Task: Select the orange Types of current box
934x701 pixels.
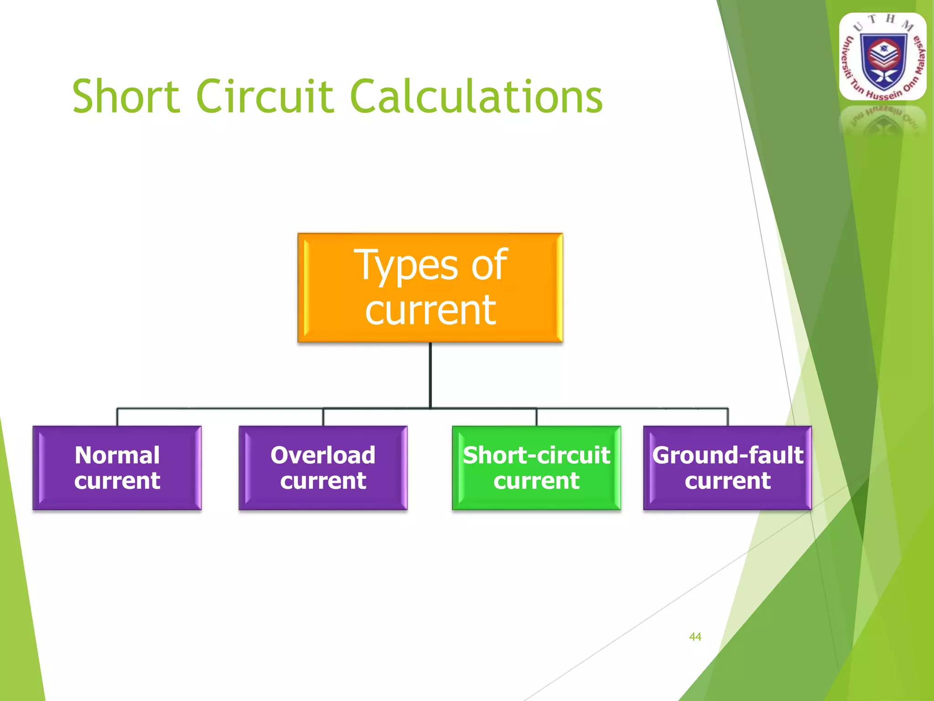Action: (430, 288)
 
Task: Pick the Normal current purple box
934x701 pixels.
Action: (117, 468)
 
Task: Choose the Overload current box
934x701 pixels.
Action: (323, 468)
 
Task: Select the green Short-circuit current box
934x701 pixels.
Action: (536, 468)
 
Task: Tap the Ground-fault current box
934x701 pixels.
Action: (727, 468)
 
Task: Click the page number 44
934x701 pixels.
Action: (695, 637)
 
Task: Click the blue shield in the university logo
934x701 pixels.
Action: (883, 61)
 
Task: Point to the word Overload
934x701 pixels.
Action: (323, 455)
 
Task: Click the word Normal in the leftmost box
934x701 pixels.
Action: (117, 455)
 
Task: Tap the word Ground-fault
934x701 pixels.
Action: (727, 455)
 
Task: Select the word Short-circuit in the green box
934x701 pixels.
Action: (536, 455)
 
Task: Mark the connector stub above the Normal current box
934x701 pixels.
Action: (117, 417)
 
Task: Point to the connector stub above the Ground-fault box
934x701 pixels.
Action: (728, 417)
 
